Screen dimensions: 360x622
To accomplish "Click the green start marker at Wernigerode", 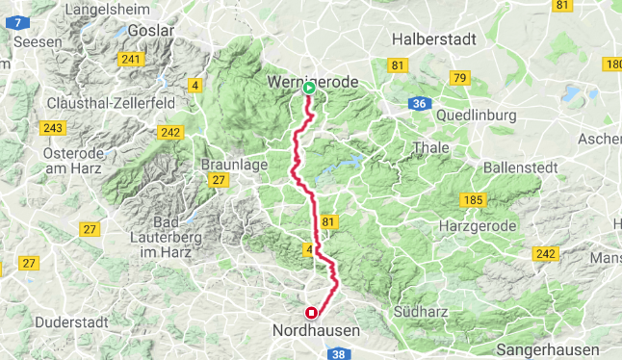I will pyautogui.click(x=309, y=89).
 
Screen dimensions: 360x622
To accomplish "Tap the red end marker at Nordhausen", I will pyautogui.click(x=311, y=313).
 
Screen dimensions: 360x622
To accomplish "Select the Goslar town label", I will pyautogui.click(x=153, y=31).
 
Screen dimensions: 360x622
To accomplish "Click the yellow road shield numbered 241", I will pyautogui.click(x=130, y=60).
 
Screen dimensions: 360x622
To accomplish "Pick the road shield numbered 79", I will pyautogui.click(x=459, y=77).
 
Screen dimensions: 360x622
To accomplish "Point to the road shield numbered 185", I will pyautogui.click(x=473, y=200).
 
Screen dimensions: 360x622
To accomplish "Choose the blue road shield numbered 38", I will pyautogui.click(x=339, y=354).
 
